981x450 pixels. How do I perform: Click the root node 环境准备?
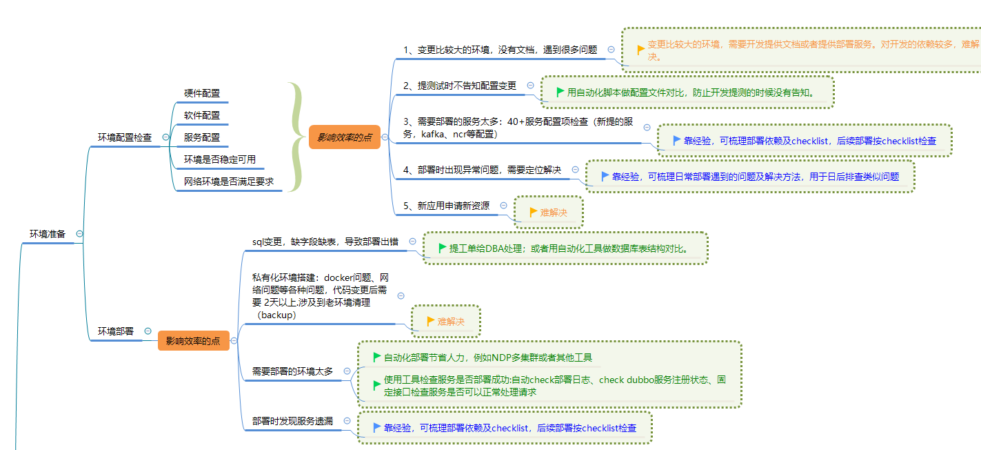47,234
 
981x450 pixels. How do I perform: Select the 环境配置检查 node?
124,137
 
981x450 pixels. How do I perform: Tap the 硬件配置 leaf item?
202,93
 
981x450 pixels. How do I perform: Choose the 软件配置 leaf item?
202,115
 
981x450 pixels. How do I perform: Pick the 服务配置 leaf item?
202,137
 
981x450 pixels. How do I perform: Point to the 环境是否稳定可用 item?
220,159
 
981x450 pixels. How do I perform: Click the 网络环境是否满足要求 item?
229,182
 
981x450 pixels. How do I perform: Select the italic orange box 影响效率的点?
344,137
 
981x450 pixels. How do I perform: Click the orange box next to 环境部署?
193,340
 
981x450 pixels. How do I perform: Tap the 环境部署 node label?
116,331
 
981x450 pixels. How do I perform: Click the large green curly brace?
296,137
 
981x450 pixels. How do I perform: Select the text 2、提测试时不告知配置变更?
460,86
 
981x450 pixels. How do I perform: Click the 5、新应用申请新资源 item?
446,206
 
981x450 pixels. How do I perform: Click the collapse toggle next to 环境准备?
79,234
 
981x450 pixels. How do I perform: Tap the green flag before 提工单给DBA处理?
443,248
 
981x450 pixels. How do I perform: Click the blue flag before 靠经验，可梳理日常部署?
605,176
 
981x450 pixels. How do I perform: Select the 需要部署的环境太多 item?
292,371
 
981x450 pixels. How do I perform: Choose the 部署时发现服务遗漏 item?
292,420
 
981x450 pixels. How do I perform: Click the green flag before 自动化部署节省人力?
376,357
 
